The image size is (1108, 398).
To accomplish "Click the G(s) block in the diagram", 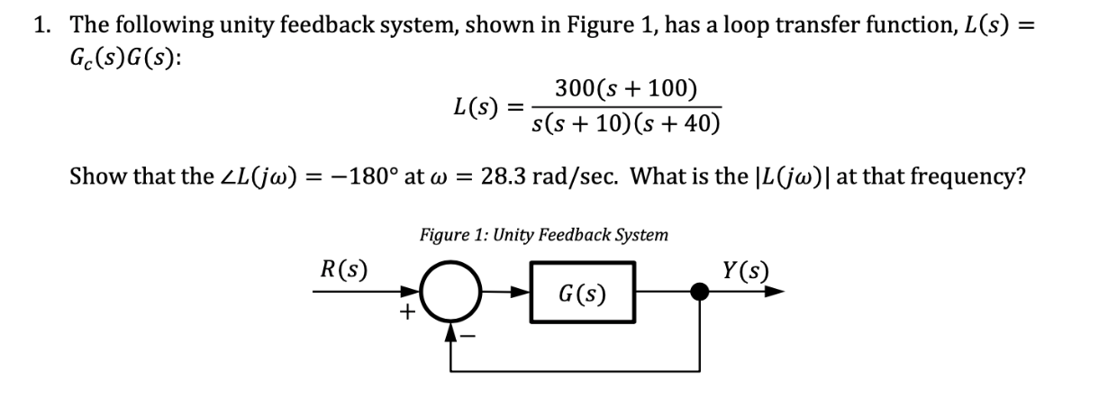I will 582,293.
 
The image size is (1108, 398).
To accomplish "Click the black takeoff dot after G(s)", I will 698,292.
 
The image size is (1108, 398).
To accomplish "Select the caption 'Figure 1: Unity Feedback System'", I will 543,235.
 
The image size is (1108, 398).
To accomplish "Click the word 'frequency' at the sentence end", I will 960,175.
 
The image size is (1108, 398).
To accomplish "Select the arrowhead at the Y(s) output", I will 777,292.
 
